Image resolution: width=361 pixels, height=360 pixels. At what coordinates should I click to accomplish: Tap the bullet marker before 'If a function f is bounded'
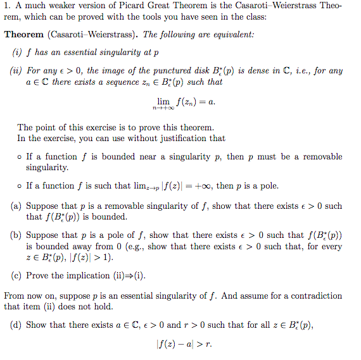pyautogui.click(x=20, y=157)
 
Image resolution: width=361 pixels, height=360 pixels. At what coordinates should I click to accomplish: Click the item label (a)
pyautogui.click(x=15, y=206)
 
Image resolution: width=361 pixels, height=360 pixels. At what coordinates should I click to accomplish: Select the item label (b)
pyautogui.click(x=15, y=235)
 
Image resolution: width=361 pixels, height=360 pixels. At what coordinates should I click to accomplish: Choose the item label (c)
pyautogui.click(x=15, y=276)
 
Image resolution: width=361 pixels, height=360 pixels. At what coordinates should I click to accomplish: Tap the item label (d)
pyautogui.click(x=15, y=325)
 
